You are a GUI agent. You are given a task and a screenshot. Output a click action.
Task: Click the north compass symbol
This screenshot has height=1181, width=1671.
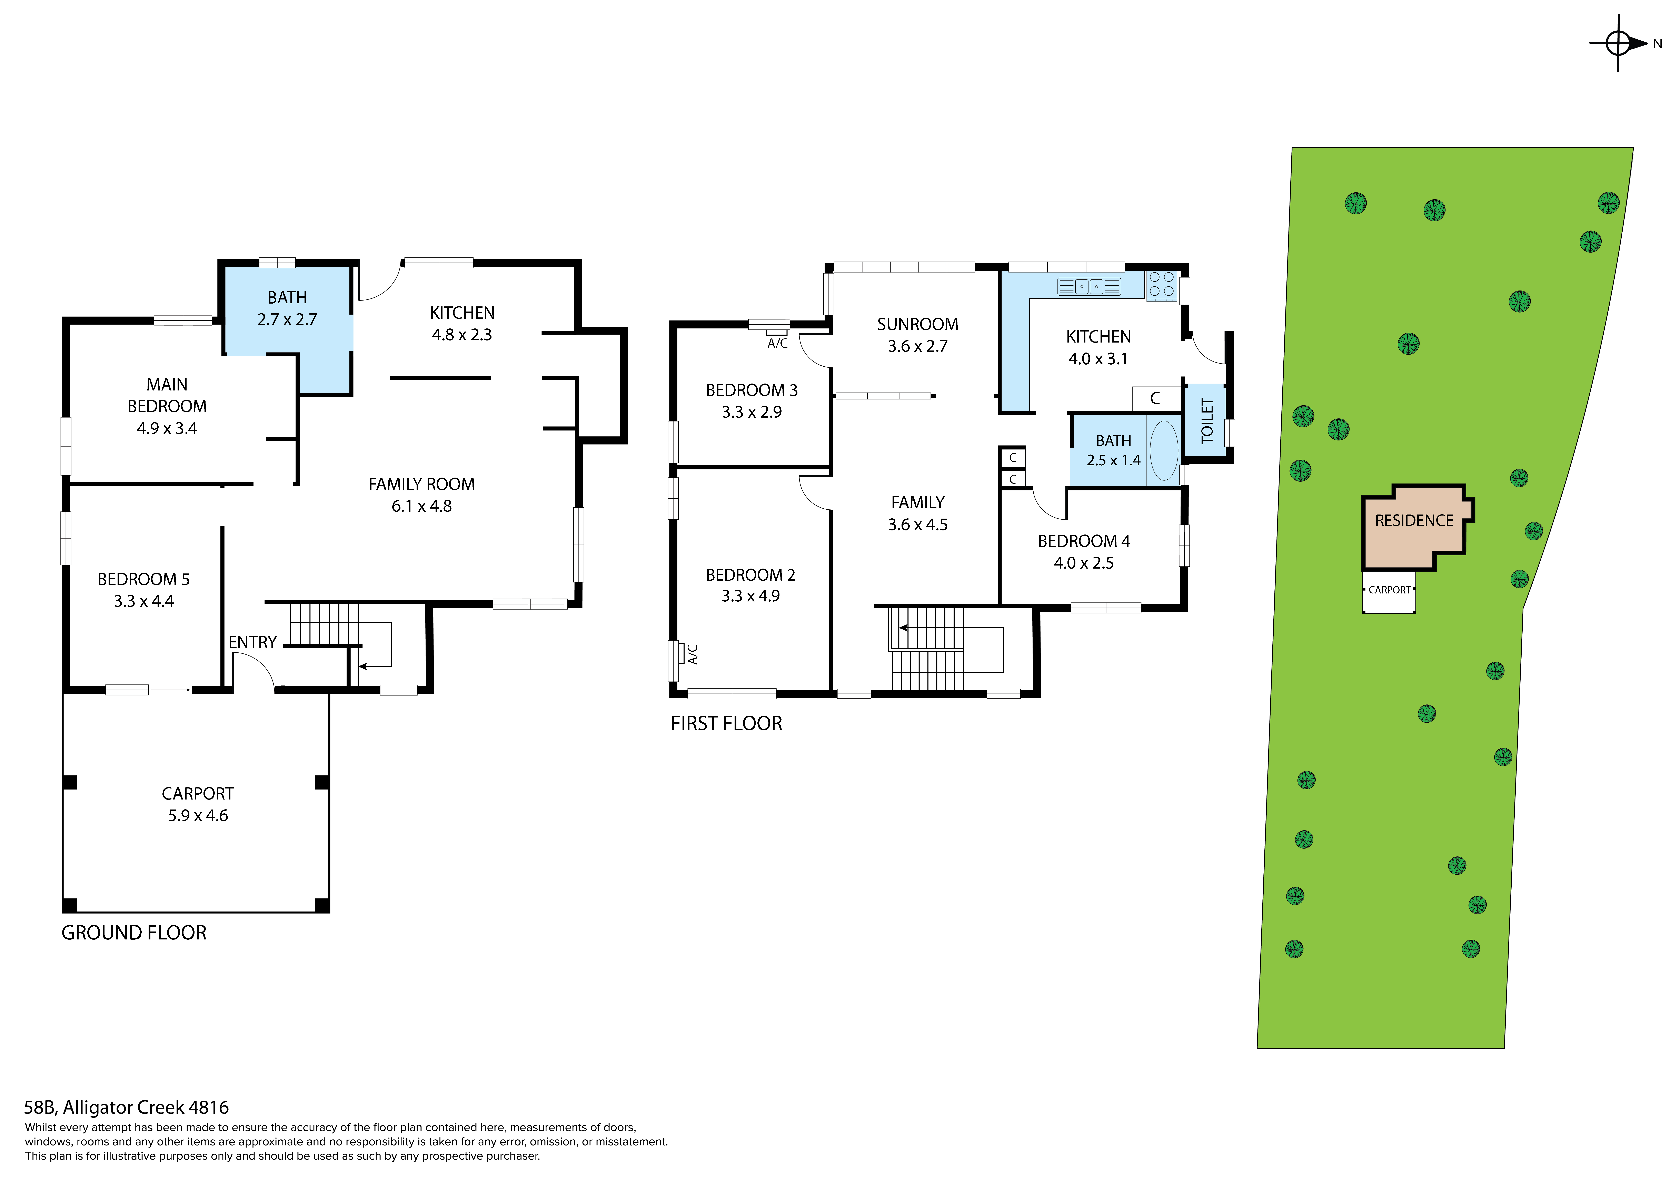pos(1618,44)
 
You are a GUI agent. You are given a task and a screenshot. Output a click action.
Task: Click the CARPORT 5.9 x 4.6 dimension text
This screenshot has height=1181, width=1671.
pos(198,816)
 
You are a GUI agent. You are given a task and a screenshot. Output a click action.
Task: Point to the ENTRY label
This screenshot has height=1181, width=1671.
pos(252,643)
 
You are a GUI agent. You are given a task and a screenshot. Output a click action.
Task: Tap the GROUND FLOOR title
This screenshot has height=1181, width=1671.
pos(134,933)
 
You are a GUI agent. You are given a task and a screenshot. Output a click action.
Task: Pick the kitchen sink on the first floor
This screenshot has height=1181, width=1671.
pos(1089,287)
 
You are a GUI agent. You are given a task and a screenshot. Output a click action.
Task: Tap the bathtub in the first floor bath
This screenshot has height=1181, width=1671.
pos(1164,450)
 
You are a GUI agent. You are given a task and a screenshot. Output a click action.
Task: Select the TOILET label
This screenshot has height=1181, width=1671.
pos(1207,421)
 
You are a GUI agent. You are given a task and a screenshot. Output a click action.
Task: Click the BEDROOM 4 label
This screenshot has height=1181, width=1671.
pos(1084,541)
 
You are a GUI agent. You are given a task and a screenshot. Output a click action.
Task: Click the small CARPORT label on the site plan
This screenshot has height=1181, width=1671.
pos(1389,590)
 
